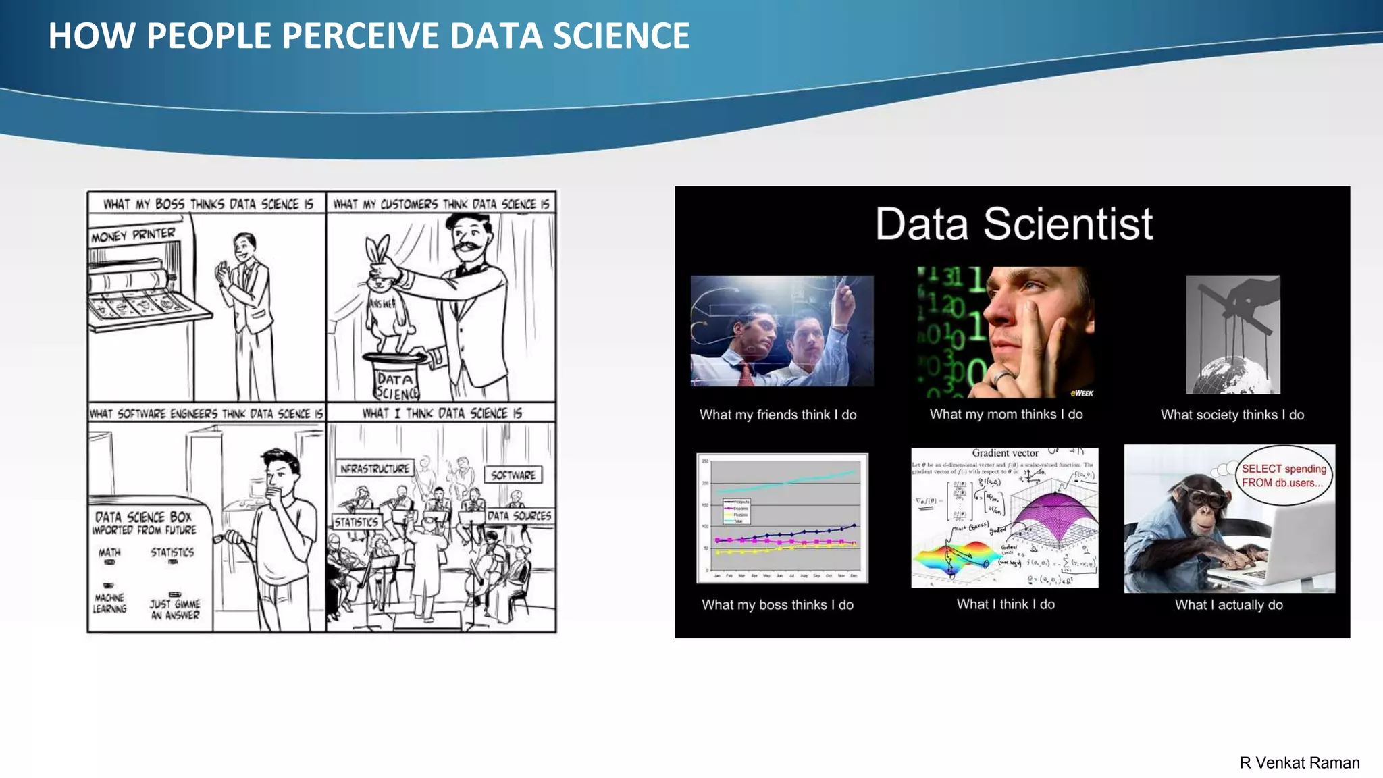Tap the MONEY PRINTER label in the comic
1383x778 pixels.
pyautogui.click(x=133, y=235)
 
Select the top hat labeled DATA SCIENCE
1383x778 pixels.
pyautogui.click(x=396, y=378)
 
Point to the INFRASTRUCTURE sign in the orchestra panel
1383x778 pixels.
pyautogui.click(x=375, y=469)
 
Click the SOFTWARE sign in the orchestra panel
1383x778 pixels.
pyautogui.click(x=513, y=475)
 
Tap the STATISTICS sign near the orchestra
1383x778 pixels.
pyautogui.click(x=357, y=522)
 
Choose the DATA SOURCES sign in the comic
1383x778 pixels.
pyautogui.click(x=519, y=516)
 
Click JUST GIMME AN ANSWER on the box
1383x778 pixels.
pyautogui.click(x=175, y=608)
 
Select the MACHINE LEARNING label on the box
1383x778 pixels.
pyautogui.click(x=109, y=602)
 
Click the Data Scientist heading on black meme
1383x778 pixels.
pyautogui.click(x=1014, y=224)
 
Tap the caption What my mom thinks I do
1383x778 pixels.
pyautogui.click(x=1006, y=415)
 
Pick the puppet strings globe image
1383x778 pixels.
pyautogui.click(x=1232, y=335)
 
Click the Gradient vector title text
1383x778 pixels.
pyautogui.click(x=1005, y=453)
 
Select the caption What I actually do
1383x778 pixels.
pyautogui.click(x=1228, y=605)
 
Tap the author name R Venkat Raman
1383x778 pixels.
pyautogui.click(x=1299, y=762)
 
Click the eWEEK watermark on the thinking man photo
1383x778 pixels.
pyautogui.click(x=1081, y=393)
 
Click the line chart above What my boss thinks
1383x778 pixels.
pyautogui.click(x=782, y=518)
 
